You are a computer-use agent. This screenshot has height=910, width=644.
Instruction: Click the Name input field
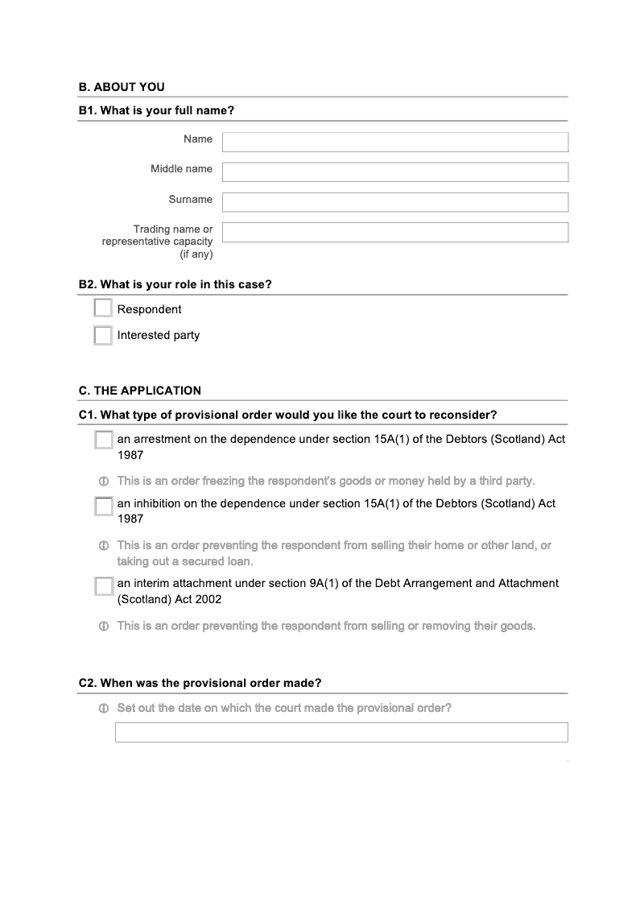tap(394, 143)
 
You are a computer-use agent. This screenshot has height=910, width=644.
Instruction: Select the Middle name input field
tap(394, 172)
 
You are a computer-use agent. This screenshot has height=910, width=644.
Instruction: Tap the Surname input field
tap(394, 202)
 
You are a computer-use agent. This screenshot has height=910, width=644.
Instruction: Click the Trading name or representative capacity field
tap(394, 233)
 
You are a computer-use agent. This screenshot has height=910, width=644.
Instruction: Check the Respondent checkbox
tap(103, 308)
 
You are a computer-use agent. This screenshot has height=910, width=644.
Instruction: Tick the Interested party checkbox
tap(103, 335)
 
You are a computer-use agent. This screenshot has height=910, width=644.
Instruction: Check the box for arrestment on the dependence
tap(104, 440)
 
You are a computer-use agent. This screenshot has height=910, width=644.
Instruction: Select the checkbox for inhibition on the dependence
tap(104, 507)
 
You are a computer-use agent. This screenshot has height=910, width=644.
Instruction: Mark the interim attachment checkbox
tap(104, 586)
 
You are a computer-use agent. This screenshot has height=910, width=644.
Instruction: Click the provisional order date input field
tap(341, 732)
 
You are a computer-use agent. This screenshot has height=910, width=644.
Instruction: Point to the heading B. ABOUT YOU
tap(122, 87)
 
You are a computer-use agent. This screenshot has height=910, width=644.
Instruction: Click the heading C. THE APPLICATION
tap(140, 391)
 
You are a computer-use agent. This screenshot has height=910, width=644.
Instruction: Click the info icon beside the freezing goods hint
tap(103, 482)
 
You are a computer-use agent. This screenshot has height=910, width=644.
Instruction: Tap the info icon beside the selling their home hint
tap(103, 546)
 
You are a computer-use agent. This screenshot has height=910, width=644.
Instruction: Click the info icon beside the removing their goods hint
tap(103, 627)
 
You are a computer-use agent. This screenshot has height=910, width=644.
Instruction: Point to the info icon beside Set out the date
tap(103, 709)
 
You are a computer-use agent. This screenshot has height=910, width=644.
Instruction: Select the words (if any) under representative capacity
tap(196, 254)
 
